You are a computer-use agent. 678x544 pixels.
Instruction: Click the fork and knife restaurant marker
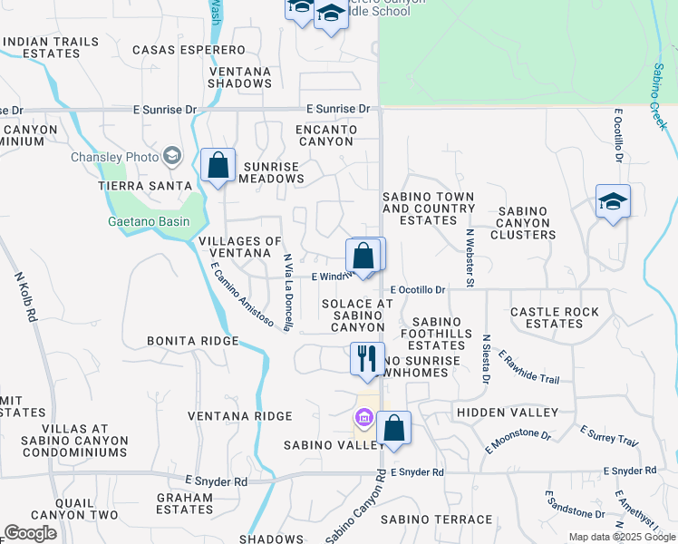[x=367, y=357]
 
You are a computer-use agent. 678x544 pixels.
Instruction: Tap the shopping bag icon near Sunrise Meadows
[x=218, y=165]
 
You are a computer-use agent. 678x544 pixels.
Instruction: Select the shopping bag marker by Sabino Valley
[x=394, y=428]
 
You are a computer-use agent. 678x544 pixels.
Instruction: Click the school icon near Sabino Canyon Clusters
[x=613, y=201]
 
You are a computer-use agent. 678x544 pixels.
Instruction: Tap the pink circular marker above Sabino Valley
[x=364, y=418]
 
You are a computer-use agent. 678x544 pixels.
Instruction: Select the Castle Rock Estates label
[x=555, y=317]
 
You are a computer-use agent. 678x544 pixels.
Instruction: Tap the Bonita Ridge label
[x=193, y=341]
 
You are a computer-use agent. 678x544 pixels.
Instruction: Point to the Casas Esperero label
[x=189, y=49]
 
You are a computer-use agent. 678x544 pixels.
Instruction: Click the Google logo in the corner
[x=30, y=533]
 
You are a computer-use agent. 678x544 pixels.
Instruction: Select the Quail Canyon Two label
[x=74, y=515]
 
